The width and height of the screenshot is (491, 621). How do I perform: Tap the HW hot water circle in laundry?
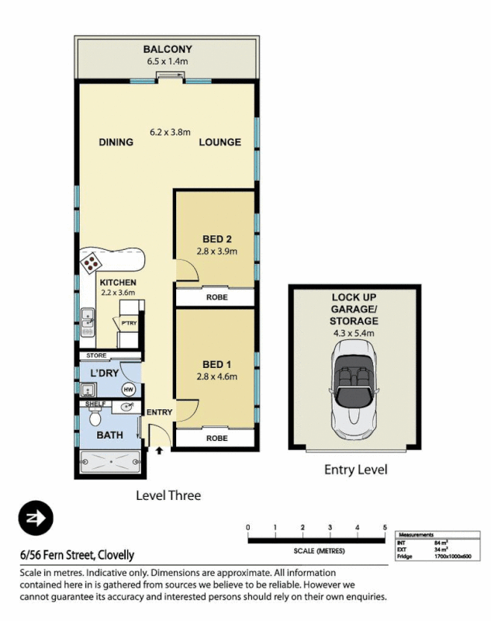click(x=128, y=389)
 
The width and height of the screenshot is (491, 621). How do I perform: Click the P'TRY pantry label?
click(x=128, y=321)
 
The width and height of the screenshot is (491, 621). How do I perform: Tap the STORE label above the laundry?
click(x=96, y=356)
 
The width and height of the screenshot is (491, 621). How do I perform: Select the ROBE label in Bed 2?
click(x=216, y=297)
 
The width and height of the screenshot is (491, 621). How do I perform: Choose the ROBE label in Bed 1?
click(x=216, y=438)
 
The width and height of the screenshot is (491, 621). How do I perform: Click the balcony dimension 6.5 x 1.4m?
click(x=167, y=61)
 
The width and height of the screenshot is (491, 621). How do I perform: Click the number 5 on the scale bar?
click(x=385, y=529)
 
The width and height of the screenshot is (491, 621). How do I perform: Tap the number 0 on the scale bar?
click(x=248, y=529)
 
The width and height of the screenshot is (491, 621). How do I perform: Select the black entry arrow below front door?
click(x=160, y=449)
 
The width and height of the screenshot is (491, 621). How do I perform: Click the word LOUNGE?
click(x=220, y=142)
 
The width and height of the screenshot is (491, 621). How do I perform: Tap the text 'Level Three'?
click(x=168, y=495)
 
